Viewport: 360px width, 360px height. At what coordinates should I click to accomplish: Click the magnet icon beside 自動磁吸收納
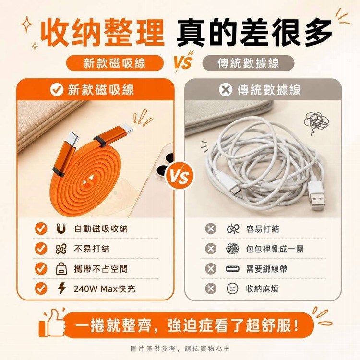point(61,228)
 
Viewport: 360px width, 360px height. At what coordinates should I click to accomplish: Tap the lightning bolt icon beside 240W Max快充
point(61,288)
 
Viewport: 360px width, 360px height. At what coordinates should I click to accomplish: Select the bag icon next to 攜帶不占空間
point(61,269)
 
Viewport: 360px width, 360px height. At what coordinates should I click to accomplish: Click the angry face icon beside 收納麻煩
point(232,288)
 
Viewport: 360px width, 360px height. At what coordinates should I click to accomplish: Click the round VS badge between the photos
point(180,176)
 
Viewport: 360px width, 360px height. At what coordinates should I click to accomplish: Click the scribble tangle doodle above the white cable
point(316,122)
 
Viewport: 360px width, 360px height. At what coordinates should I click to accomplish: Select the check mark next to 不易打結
point(41,249)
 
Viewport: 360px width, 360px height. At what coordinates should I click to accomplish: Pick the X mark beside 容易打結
point(211,228)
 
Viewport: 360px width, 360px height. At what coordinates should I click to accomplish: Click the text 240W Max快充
point(105,288)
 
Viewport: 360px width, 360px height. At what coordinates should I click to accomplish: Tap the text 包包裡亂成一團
point(275,249)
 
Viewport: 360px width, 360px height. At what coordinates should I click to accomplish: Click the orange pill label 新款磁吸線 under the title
point(115,63)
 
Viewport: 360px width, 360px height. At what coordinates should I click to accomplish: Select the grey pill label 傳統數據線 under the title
point(248,63)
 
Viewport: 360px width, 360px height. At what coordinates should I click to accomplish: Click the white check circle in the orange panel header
point(57,89)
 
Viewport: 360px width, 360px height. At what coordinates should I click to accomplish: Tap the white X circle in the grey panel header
point(226,89)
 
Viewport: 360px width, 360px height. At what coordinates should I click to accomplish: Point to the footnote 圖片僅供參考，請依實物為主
point(180,349)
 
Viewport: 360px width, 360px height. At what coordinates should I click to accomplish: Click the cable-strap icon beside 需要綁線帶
point(232,269)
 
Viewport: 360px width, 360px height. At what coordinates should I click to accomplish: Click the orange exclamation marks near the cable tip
point(143,118)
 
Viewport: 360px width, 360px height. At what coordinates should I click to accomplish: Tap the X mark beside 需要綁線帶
point(211,269)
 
